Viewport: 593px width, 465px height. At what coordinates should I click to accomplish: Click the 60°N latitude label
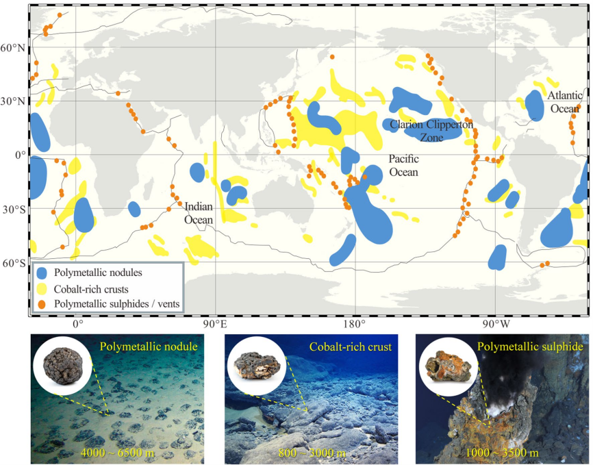click(13, 49)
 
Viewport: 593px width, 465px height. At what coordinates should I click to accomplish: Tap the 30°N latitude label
click(13, 101)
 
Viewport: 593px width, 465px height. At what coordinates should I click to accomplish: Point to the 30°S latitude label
click(13, 209)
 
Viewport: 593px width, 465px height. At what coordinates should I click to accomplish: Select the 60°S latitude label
click(13, 263)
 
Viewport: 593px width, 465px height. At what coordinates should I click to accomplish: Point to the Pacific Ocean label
click(403, 165)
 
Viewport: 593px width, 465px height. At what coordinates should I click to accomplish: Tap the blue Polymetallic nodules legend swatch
click(42, 273)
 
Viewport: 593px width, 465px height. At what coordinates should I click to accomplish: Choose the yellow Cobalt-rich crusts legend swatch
click(42, 288)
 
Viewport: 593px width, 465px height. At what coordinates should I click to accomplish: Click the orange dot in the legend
click(42, 302)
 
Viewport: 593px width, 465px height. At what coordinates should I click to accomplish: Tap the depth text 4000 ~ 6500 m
click(117, 453)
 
